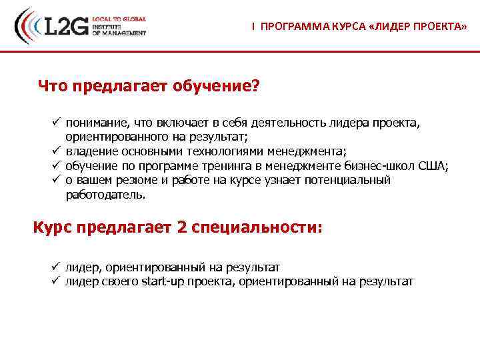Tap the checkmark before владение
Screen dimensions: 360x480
pyautogui.click(x=57, y=151)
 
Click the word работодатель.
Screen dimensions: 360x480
pyautogui.click(x=105, y=195)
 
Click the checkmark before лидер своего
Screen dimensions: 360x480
pyautogui.click(x=57, y=281)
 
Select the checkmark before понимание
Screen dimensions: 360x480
pyautogui.click(x=57, y=123)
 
